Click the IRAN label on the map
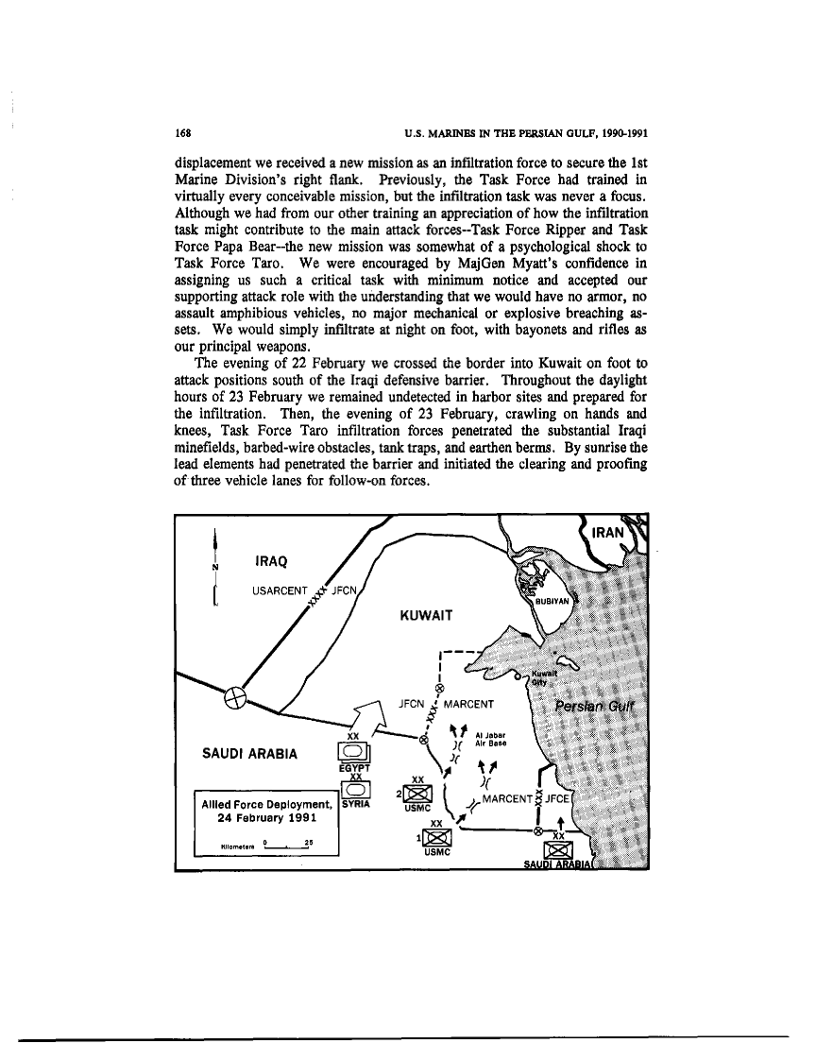coord(608,533)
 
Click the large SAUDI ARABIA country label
coord(251,755)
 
